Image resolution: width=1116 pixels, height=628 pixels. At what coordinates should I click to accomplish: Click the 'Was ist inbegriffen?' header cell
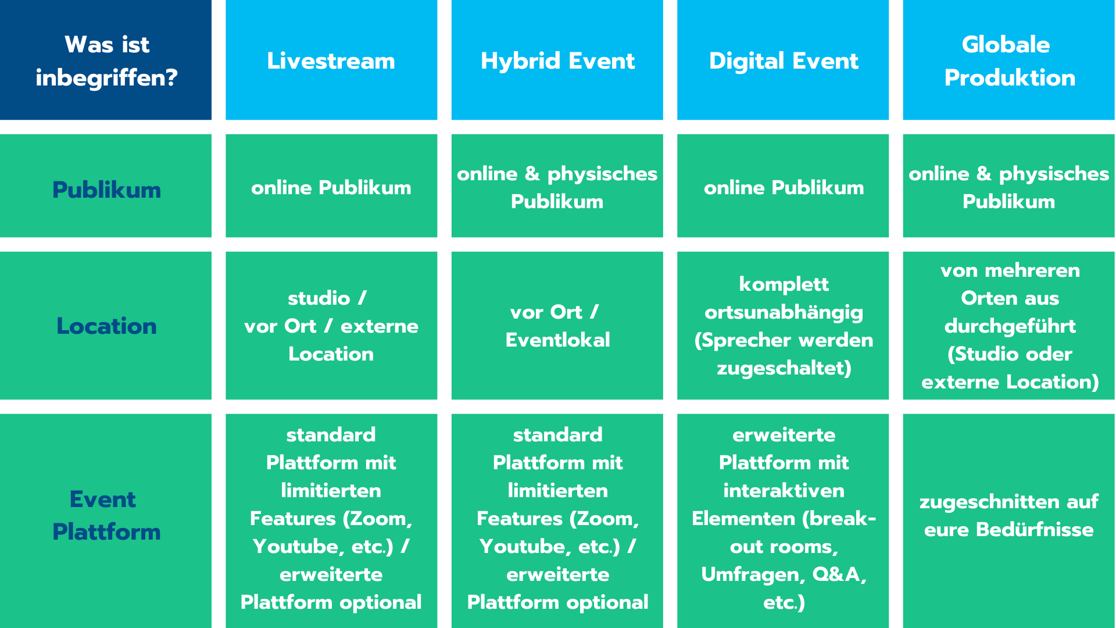point(106,60)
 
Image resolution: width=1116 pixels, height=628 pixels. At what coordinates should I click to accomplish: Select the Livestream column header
point(331,60)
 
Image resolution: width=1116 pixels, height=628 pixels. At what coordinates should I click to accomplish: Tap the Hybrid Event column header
point(557,60)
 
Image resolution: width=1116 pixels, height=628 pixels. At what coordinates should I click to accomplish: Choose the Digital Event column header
point(783,60)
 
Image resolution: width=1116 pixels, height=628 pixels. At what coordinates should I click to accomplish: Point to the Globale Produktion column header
point(1008,60)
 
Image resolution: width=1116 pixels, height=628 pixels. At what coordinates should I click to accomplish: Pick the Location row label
point(106,326)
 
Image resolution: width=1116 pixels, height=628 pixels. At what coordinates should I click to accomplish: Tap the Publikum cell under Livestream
point(331,185)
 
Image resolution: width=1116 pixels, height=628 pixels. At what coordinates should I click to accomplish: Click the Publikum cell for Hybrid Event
point(557,185)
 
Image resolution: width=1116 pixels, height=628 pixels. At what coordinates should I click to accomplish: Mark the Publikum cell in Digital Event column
point(783,185)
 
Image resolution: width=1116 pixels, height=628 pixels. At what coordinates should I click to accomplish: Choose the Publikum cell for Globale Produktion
point(1008,185)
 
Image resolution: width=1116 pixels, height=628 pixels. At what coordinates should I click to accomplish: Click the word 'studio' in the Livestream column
point(319,298)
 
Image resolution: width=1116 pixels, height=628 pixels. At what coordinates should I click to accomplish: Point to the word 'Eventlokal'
point(557,340)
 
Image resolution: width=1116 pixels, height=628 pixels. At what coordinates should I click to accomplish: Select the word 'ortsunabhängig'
point(784,313)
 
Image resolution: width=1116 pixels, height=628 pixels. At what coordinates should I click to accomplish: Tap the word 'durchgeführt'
point(1010,326)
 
